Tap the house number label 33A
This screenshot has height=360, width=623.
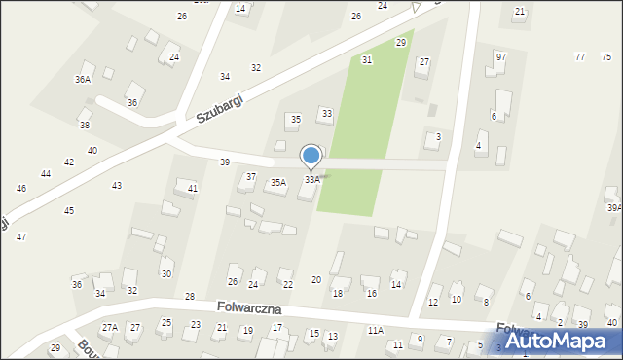tap(312, 180)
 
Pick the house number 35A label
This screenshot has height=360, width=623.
tap(278, 182)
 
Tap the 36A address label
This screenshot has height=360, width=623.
tap(83, 79)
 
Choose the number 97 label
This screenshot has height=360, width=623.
tap(500, 57)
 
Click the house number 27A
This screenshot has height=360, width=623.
tap(110, 328)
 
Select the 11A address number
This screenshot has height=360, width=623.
tap(376, 331)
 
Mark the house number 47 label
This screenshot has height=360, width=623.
tap(21, 237)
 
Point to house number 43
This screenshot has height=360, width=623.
tap(117, 185)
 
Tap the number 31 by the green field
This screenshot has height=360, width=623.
tap(367, 60)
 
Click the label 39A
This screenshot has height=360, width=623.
tap(614, 207)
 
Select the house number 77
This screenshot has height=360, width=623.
tap(580, 57)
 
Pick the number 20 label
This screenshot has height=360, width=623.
tap(316, 280)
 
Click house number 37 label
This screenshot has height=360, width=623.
tap(251, 176)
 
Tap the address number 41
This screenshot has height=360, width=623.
tap(193, 188)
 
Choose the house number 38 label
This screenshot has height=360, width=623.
tap(85, 126)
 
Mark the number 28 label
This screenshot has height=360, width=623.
tap(190, 296)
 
